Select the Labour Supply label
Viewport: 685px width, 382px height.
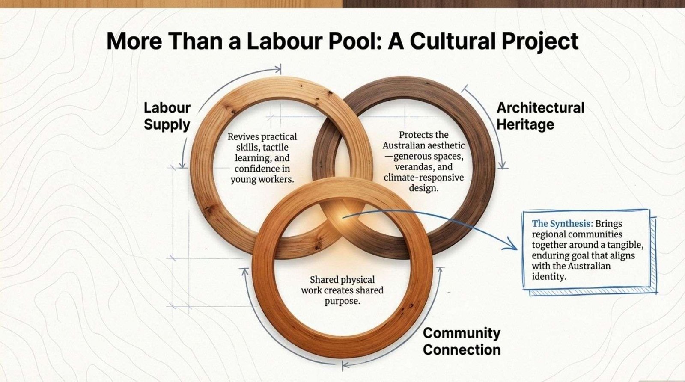point(167,116)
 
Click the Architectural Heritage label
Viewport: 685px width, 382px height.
point(540,116)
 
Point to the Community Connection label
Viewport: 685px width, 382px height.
point(462,341)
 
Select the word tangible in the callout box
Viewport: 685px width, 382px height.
point(625,245)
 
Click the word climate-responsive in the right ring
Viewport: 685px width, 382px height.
point(423,177)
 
